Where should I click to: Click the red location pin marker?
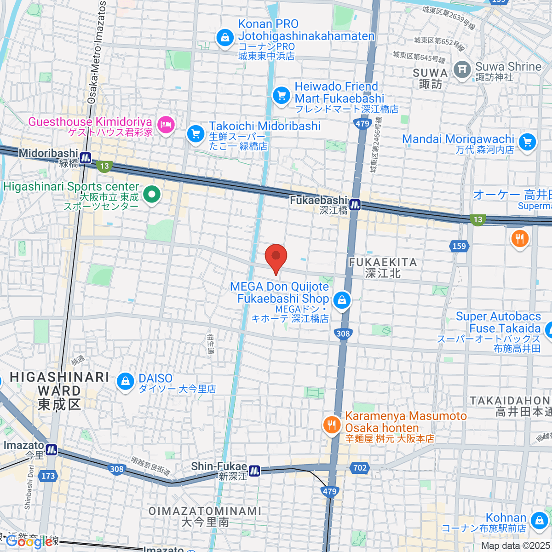(x=276, y=257)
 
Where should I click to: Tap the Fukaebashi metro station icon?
(x=355, y=205)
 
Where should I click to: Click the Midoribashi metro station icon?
(x=85, y=158)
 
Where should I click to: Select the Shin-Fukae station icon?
(x=254, y=471)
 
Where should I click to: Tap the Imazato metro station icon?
(x=51, y=449)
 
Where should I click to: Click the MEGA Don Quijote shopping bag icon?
(x=341, y=301)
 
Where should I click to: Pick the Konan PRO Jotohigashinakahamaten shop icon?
(x=225, y=36)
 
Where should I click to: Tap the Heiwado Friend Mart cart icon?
(x=282, y=96)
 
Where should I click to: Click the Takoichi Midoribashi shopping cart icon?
(x=196, y=134)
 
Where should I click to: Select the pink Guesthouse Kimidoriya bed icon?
(x=166, y=124)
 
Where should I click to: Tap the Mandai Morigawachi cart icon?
(x=528, y=142)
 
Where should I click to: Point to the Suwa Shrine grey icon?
(x=462, y=69)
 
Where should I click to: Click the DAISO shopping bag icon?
(x=125, y=381)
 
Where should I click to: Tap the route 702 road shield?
(x=360, y=468)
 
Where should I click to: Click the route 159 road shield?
(x=459, y=246)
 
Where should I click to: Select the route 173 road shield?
(x=48, y=476)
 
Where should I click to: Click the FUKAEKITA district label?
(x=383, y=268)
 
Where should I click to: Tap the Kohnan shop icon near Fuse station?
(x=539, y=521)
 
